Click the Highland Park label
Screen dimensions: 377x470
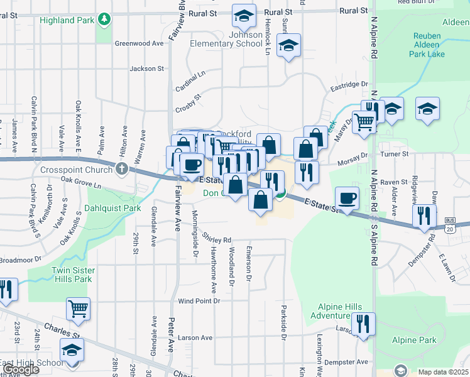[66, 20]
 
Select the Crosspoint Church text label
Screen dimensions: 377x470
[76, 170]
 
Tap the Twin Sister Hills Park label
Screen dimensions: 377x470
[71, 275]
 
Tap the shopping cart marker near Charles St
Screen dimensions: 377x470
[79, 308]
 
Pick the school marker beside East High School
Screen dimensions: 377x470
[72, 349]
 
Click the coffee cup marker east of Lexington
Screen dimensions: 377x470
[347, 199]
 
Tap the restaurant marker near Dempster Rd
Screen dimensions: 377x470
[425, 216]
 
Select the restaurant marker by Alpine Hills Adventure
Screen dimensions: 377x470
[363, 323]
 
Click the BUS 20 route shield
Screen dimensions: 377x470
[449, 226]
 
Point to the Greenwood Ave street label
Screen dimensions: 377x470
[139, 43]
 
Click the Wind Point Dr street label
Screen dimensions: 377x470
[199, 301]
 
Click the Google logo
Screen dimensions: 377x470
[21, 369]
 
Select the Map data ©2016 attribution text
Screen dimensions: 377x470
[442, 372]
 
